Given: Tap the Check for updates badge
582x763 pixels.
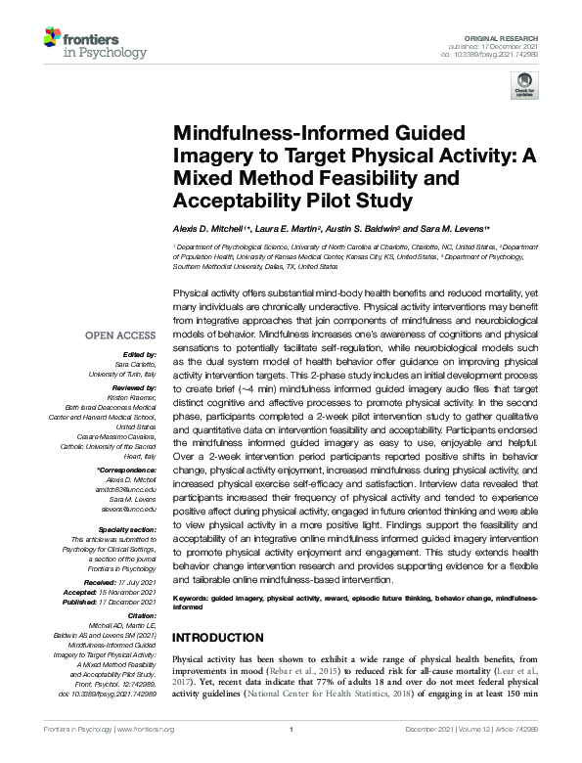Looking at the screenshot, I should (x=523, y=89).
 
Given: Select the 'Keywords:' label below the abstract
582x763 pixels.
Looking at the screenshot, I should (x=192, y=598).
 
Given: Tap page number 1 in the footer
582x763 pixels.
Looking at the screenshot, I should (x=291, y=756).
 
